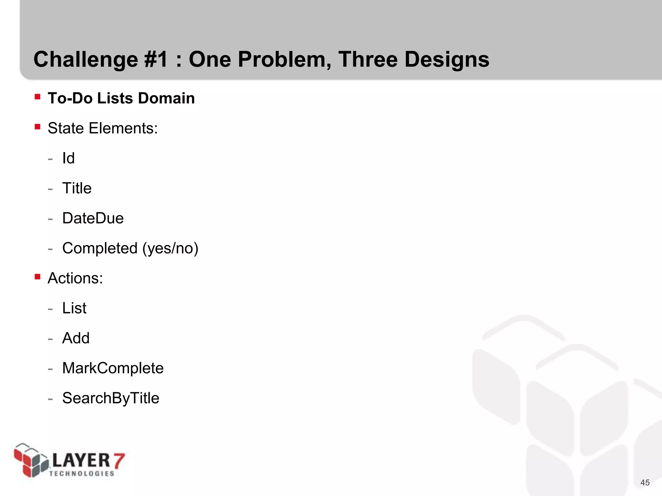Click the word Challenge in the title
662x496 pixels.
(x=86, y=60)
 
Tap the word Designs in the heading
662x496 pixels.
(x=447, y=60)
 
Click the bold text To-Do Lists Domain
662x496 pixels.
(x=121, y=98)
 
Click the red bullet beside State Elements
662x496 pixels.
(x=37, y=127)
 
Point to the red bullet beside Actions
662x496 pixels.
(x=37, y=277)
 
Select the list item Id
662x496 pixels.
(x=68, y=158)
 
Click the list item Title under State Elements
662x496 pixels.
(x=77, y=188)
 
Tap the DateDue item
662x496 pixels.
(x=93, y=218)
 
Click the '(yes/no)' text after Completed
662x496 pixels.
(x=170, y=248)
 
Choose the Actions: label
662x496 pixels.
(x=75, y=278)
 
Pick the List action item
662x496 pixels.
(x=74, y=308)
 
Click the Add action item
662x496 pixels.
(x=76, y=338)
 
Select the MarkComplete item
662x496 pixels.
(x=113, y=368)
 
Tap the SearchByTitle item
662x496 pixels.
(x=111, y=398)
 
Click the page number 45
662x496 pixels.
(x=645, y=482)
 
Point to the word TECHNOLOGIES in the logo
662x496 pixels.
(x=82, y=474)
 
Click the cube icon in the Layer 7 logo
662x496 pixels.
(x=31, y=460)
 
